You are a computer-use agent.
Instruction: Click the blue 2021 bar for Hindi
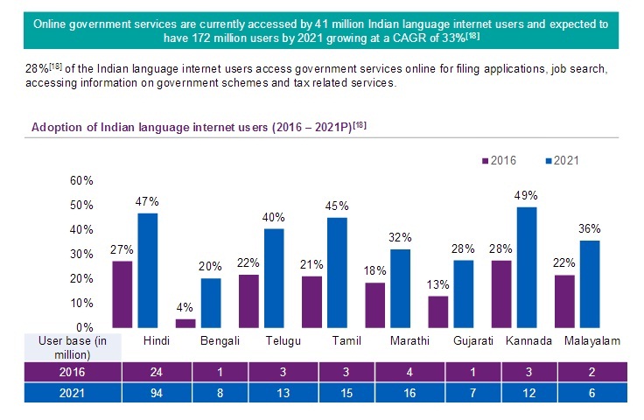point(147,269)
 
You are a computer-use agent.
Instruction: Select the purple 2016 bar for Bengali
point(185,322)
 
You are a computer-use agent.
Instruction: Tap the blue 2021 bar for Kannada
point(527,267)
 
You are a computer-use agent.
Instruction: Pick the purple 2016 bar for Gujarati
point(437,311)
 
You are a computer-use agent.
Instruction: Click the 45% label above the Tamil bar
point(337,207)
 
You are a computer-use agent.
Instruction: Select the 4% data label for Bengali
point(185,309)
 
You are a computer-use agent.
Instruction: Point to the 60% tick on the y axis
point(81,180)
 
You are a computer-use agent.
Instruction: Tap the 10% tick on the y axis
point(81,303)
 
